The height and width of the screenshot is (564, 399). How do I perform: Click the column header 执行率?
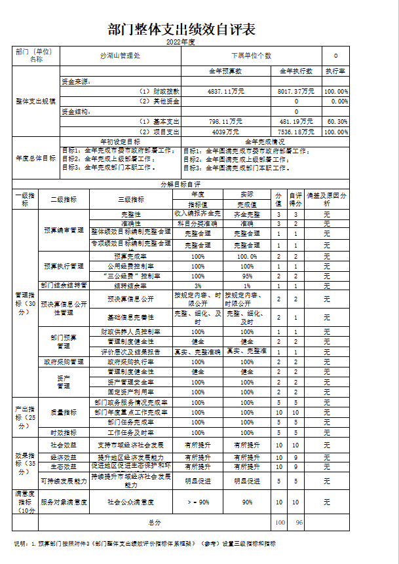click(x=336, y=71)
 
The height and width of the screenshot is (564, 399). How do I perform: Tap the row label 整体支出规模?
click(x=36, y=101)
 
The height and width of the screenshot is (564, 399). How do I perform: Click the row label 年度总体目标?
click(x=36, y=158)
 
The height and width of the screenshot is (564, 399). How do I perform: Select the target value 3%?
click(x=198, y=286)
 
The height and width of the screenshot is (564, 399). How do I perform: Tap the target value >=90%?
click(x=198, y=502)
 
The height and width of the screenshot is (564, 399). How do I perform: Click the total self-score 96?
click(x=298, y=522)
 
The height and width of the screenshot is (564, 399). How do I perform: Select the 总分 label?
click(x=155, y=522)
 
